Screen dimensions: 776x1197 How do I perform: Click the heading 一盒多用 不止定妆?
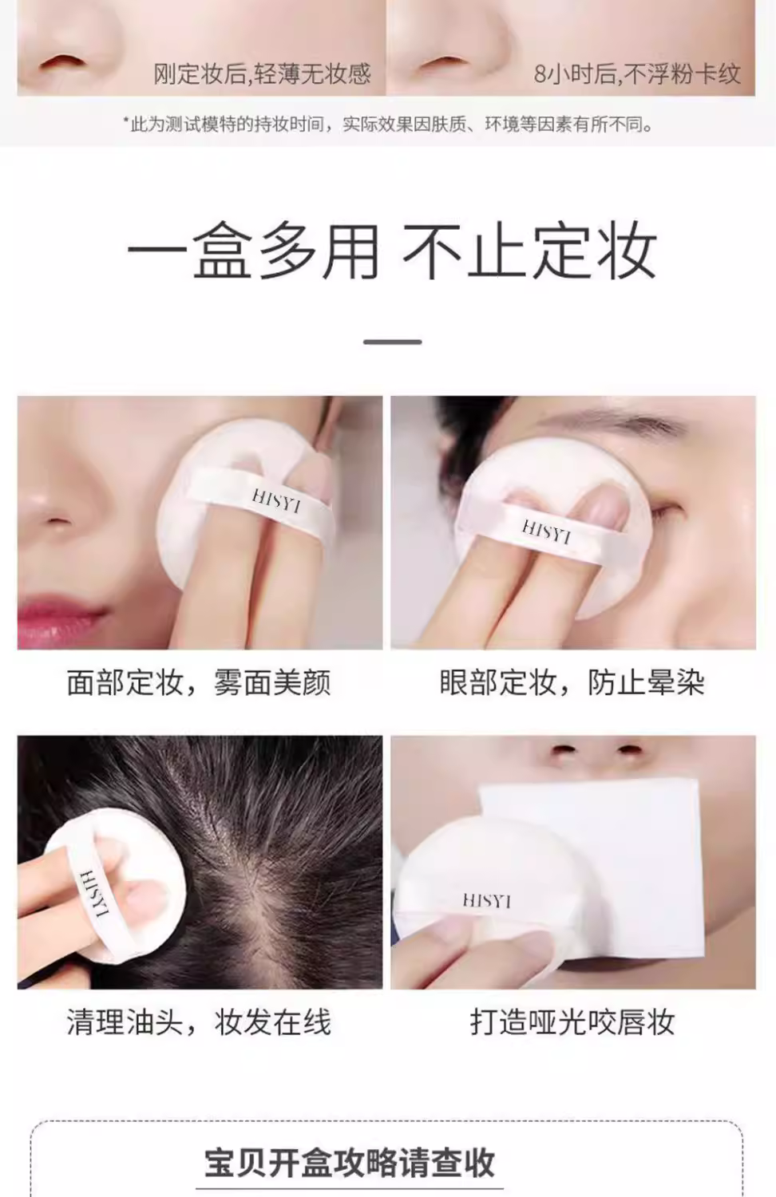pyautogui.click(x=392, y=251)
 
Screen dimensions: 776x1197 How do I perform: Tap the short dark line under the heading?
pyautogui.click(x=392, y=342)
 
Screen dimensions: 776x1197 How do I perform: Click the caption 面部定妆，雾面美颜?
pyautogui.click(x=199, y=683)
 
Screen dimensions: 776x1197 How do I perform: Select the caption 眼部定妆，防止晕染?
pyautogui.click(x=572, y=683)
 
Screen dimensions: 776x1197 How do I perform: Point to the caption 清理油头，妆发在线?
pyautogui.click(x=199, y=1023)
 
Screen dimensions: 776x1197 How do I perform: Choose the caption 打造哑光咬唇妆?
pyautogui.click(x=572, y=1023)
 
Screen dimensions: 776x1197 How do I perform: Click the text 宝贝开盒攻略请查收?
pyautogui.click(x=350, y=1163)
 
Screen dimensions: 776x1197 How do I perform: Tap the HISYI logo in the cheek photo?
pyautogui.click(x=276, y=502)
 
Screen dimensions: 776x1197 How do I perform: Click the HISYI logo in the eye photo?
pyautogui.click(x=546, y=533)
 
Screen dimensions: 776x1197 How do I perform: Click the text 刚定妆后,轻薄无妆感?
pyautogui.click(x=263, y=73)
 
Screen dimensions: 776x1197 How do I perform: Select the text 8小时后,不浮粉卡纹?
pyautogui.click(x=638, y=73)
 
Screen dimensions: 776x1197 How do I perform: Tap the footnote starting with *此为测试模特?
pyautogui.click(x=388, y=125)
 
